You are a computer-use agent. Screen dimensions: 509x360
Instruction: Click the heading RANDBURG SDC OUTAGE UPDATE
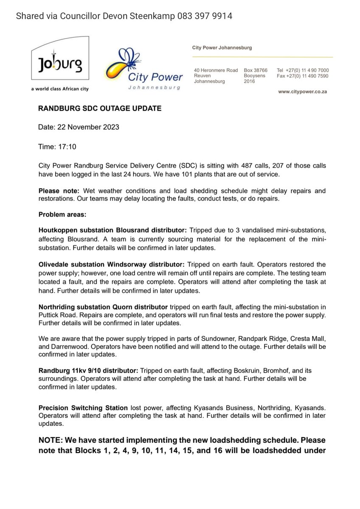(x=100, y=109)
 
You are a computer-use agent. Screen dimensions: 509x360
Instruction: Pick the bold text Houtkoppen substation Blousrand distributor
(x=112, y=230)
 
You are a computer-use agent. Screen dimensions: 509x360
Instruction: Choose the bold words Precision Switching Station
(x=83, y=408)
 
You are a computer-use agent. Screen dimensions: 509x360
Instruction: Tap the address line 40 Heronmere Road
(x=216, y=70)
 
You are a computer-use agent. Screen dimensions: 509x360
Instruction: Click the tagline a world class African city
(x=60, y=89)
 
